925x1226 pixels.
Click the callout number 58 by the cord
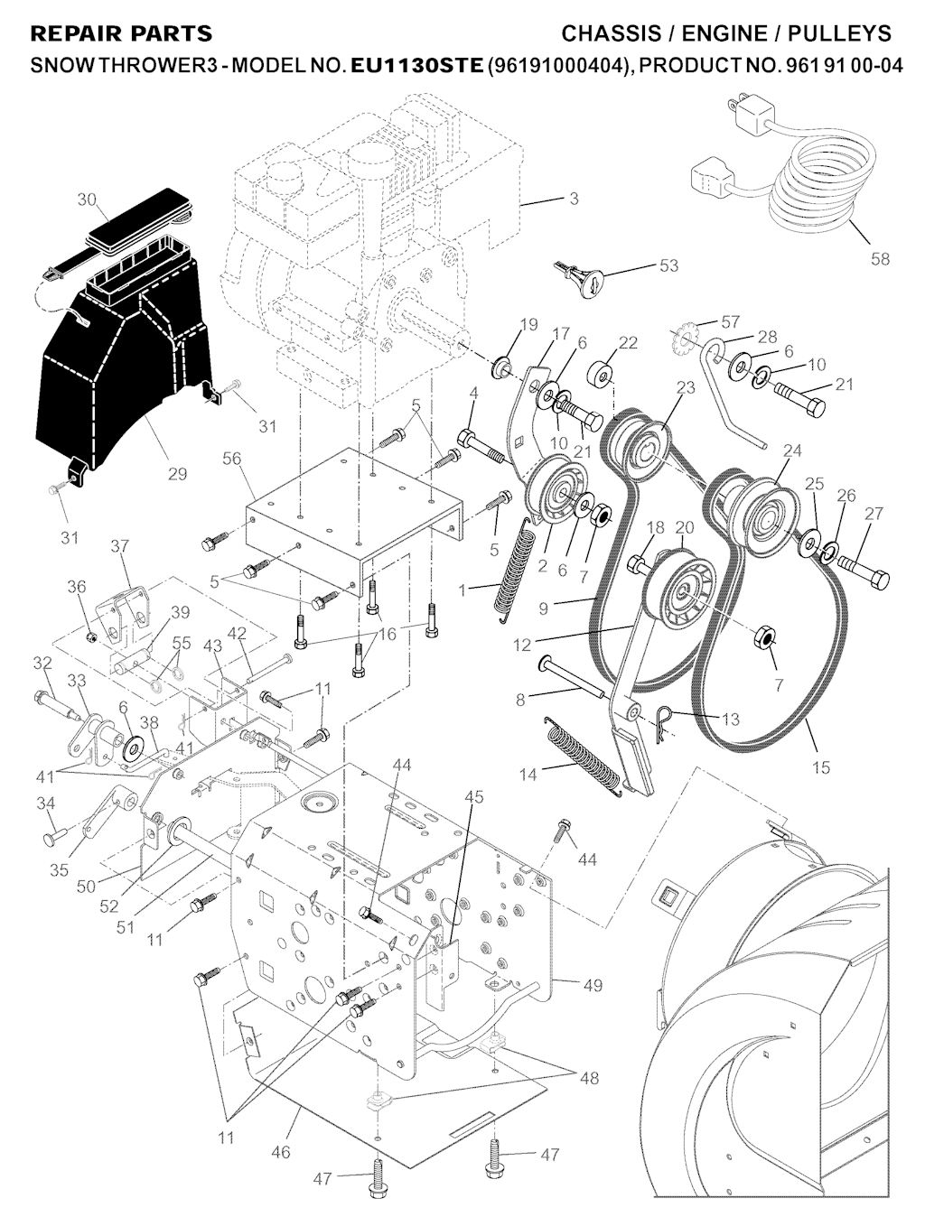(880, 259)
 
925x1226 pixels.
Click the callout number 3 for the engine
(574, 199)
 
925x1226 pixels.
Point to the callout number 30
(87, 200)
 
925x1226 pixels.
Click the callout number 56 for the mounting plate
(231, 459)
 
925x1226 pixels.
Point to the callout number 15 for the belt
(821, 768)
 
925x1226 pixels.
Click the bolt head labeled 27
(879, 579)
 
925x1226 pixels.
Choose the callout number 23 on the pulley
(686, 387)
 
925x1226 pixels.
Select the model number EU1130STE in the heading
(416, 66)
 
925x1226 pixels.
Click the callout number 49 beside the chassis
(593, 985)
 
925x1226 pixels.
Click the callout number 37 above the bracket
(119, 545)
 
